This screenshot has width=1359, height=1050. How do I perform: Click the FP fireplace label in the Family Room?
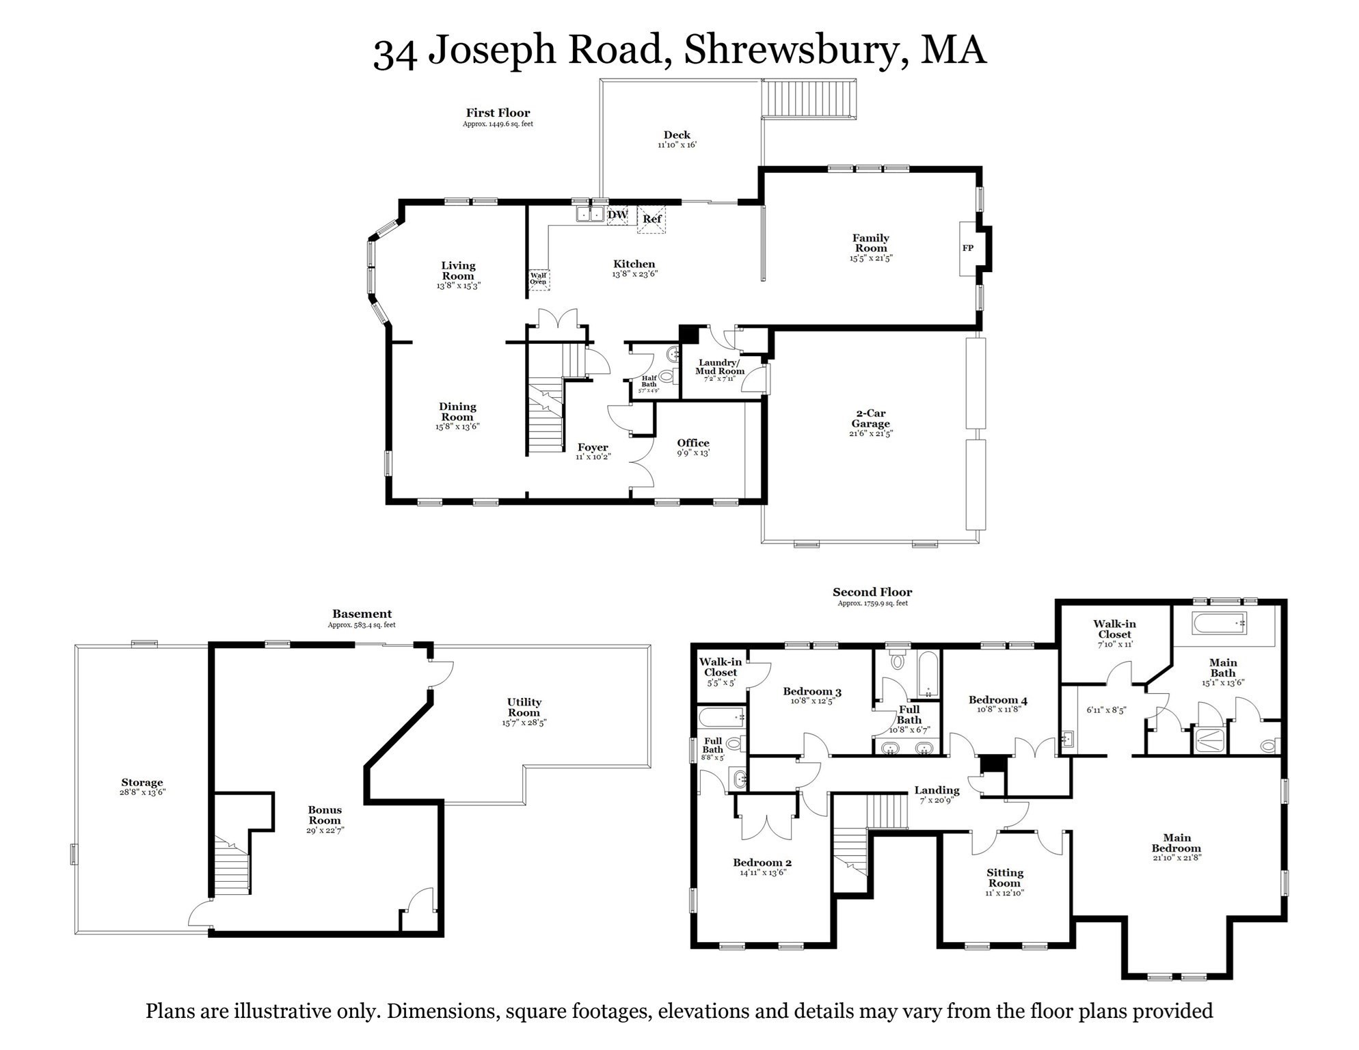(967, 248)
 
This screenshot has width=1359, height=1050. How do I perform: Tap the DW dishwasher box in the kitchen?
(617, 215)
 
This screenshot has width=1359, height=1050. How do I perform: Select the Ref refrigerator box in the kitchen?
(651, 219)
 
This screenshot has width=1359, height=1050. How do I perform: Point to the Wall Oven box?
(539, 279)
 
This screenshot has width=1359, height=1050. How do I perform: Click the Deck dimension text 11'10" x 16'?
(677, 145)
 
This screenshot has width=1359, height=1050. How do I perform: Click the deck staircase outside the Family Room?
(809, 100)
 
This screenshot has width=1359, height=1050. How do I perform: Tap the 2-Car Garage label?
(870, 418)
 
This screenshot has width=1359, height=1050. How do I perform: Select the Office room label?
(693, 443)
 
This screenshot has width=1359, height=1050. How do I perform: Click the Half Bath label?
(649, 381)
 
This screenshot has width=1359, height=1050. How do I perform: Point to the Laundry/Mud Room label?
(719, 367)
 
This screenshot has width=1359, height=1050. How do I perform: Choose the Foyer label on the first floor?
(592, 447)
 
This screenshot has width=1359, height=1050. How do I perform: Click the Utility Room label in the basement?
(524, 707)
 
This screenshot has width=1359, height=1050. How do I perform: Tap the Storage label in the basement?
(142, 782)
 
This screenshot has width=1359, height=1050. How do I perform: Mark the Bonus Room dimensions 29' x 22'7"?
(325, 831)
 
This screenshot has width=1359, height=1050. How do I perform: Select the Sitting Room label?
(1004, 878)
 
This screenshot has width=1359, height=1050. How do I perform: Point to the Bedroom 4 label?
(997, 700)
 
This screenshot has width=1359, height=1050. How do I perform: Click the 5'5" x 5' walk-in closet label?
(721, 682)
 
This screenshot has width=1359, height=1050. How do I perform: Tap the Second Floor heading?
(872, 592)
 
